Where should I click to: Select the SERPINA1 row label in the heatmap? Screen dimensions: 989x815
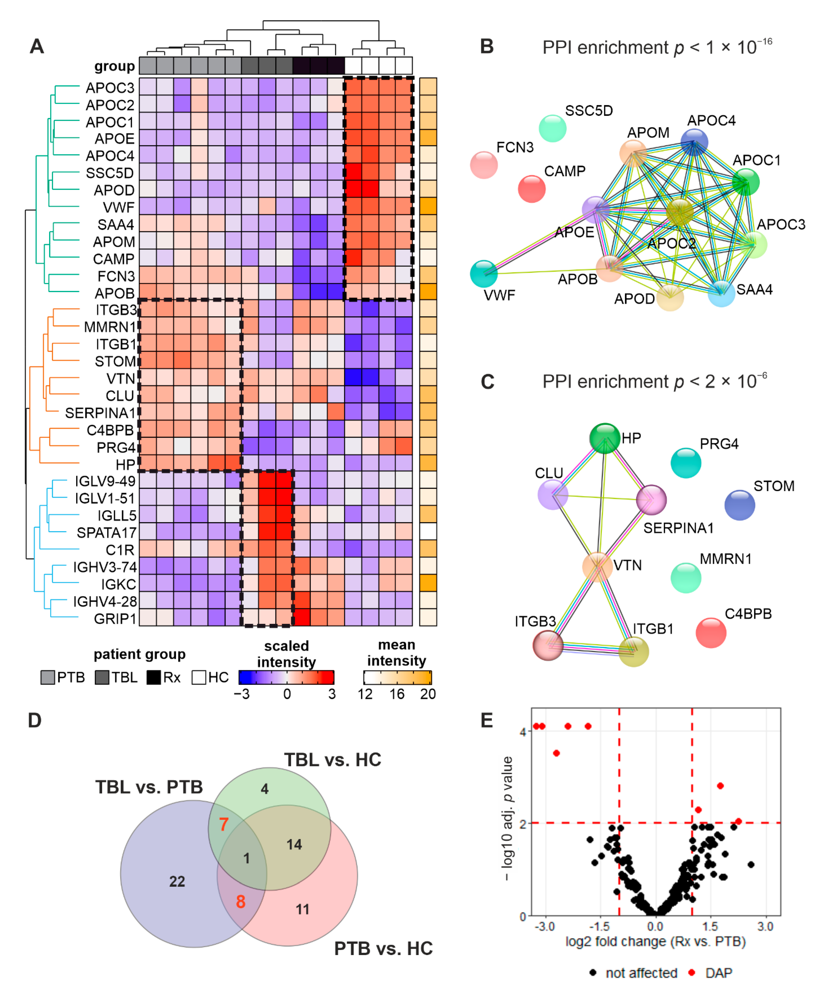[100, 413]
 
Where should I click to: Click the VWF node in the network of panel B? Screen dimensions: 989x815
[483, 274]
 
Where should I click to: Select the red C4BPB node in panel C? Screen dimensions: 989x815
[711, 633]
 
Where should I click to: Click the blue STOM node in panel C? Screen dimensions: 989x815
[739, 505]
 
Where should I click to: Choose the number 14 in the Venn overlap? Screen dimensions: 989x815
[294, 844]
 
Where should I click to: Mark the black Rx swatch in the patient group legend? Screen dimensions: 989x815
[153, 677]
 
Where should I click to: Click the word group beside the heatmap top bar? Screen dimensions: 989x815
[115, 66]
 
